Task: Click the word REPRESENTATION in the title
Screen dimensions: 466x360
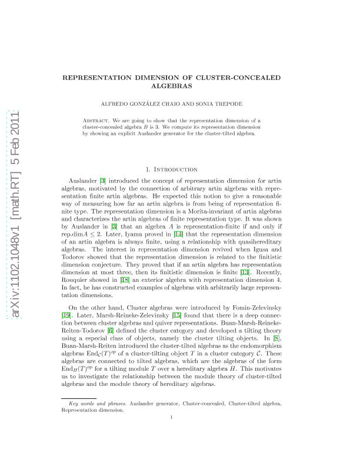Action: tap(111, 78)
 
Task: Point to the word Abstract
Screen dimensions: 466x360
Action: tap(98, 120)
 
